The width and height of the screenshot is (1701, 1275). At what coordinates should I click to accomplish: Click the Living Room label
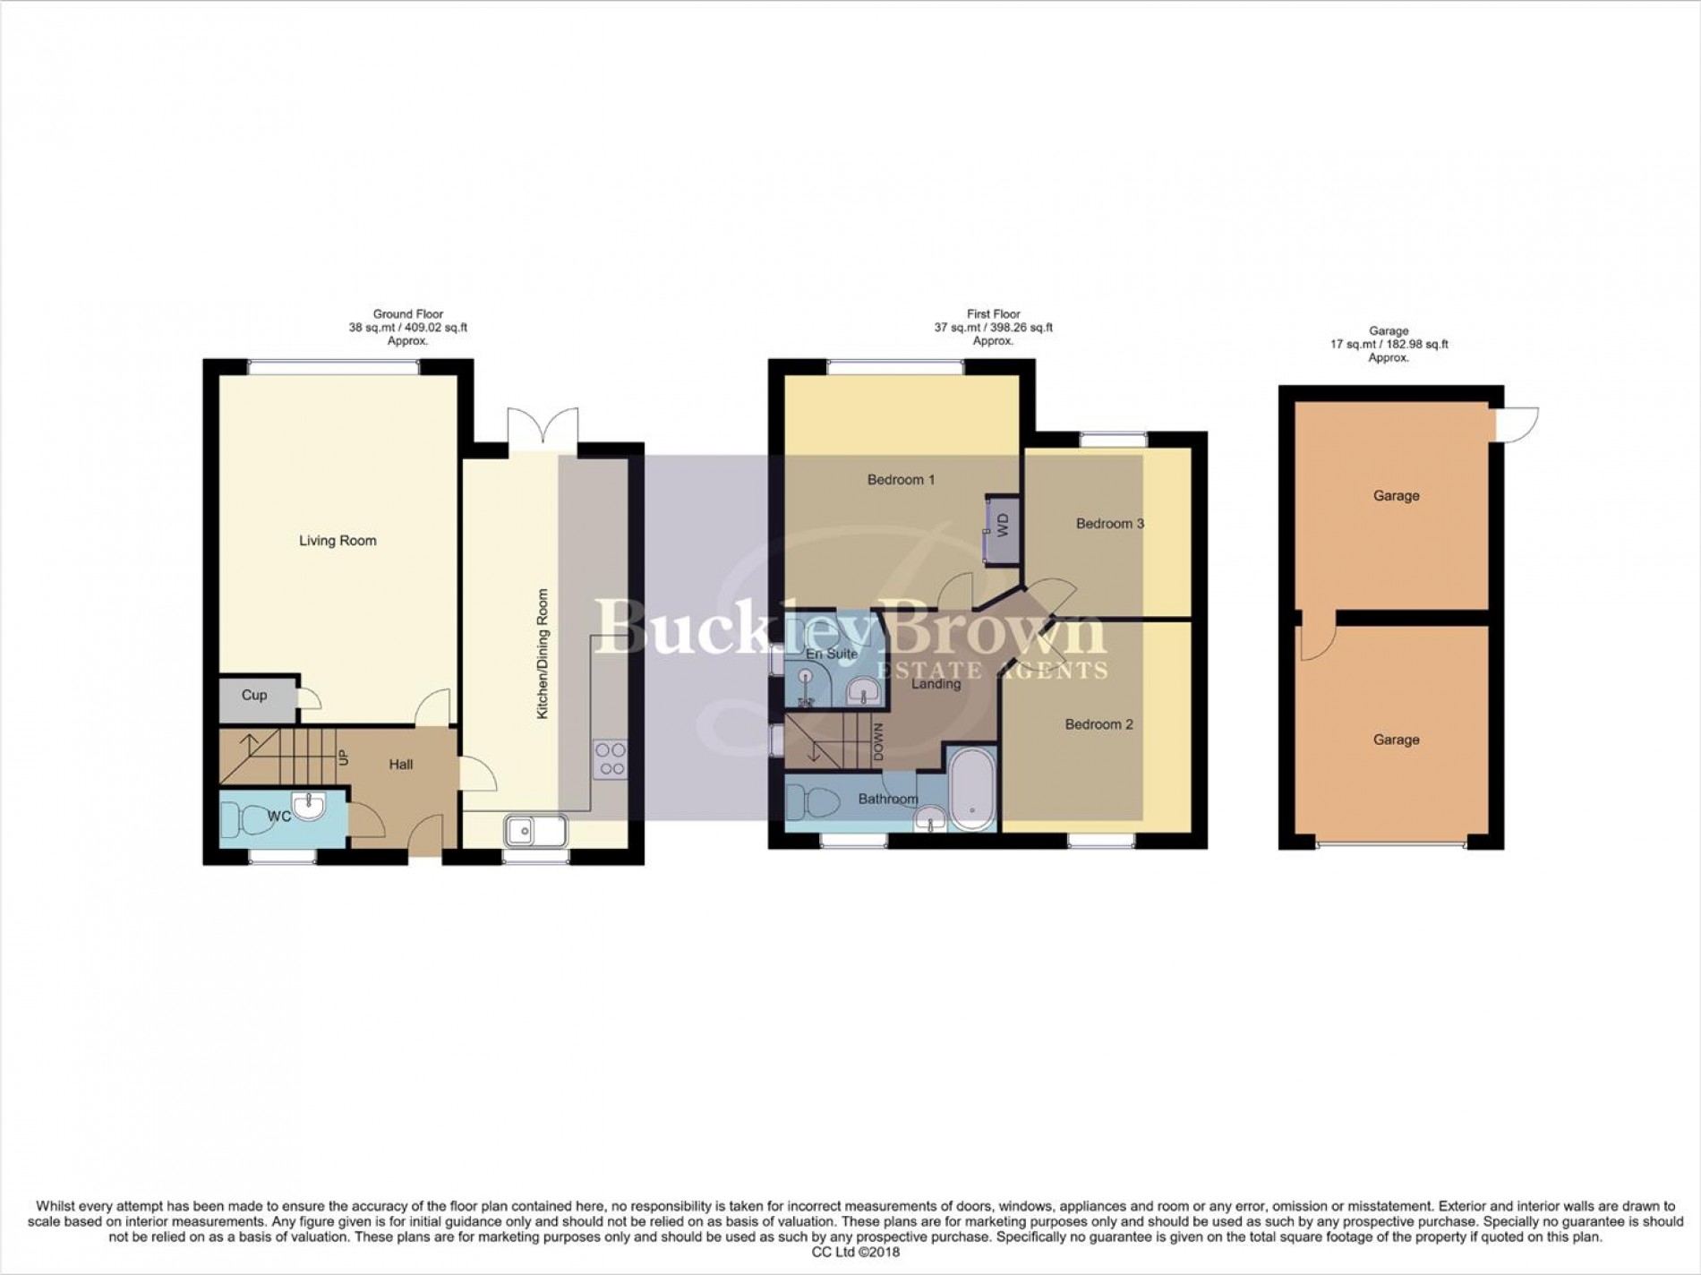[x=338, y=541]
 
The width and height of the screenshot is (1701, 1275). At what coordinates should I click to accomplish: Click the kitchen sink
[x=535, y=831]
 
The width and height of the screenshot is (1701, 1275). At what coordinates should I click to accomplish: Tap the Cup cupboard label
[x=254, y=695]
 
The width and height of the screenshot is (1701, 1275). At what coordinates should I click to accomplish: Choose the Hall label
[x=401, y=765]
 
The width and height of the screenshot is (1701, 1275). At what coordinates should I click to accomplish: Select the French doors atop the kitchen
[x=543, y=424]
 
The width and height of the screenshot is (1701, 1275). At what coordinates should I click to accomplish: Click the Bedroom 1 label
[x=901, y=480]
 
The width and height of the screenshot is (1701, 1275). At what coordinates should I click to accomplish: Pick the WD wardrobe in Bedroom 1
[x=1001, y=525]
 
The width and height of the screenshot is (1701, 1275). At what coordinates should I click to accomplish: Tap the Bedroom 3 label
[x=1109, y=524]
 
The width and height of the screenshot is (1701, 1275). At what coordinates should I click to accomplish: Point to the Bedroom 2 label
[x=1098, y=724]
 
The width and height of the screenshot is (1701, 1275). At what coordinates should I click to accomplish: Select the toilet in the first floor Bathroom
[x=806, y=801]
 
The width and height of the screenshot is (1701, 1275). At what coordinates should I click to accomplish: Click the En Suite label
[x=833, y=655]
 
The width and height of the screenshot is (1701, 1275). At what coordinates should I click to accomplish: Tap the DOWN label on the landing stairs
[x=878, y=742]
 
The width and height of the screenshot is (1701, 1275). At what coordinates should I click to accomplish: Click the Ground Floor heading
[x=408, y=314]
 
